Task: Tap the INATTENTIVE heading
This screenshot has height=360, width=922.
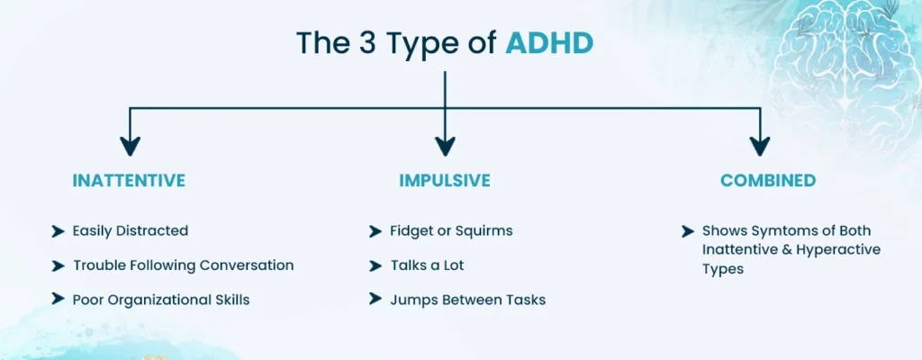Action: pyautogui.click(x=129, y=181)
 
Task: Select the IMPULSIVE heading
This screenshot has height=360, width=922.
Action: pyautogui.click(x=445, y=181)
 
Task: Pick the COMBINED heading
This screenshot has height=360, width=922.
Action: pyautogui.click(x=768, y=181)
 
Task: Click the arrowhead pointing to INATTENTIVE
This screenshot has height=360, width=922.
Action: pyautogui.click(x=131, y=146)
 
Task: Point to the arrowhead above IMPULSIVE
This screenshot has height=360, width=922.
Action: pyautogui.click(x=445, y=146)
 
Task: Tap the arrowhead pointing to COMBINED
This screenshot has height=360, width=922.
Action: pyautogui.click(x=760, y=146)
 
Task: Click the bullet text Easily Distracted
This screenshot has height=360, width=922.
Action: pyautogui.click(x=131, y=231)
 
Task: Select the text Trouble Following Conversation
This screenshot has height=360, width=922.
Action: pyautogui.click(x=183, y=265)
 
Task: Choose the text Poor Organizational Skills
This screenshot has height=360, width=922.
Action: pyautogui.click(x=161, y=300)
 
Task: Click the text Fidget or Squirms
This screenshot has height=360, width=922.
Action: pyautogui.click(x=451, y=231)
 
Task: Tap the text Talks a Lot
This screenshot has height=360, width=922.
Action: pyautogui.click(x=427, y=265)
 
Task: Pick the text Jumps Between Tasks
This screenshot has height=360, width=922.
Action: pyautogui.click(x=467, y=300)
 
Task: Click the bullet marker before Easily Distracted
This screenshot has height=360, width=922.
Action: pyautogui.click(x=59, y=231)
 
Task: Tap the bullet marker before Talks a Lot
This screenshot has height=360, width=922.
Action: pyautogui.click(x=375, y=265)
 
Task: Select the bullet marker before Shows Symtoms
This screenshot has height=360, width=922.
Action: pyautogui.click(x=688, y=231)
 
